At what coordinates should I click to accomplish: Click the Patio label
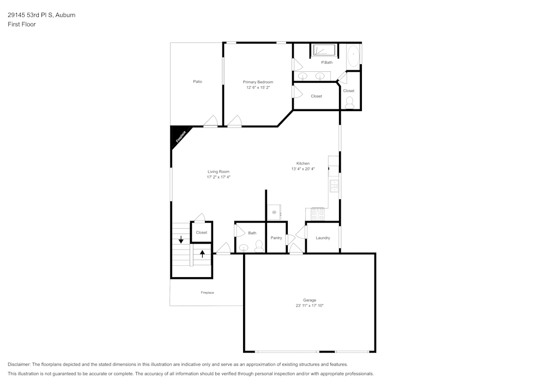coord(197,82)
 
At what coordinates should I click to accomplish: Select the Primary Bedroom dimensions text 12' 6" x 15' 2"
coord(258,87)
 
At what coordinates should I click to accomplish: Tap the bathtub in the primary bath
coord(353,56)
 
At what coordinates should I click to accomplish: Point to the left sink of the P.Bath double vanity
coord(302,76)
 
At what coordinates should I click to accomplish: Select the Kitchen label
coord(302,163)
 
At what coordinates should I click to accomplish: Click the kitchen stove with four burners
coord(318,214)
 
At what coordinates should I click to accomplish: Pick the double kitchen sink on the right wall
coord(334,186)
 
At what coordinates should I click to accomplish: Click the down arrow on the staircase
coord(181,240)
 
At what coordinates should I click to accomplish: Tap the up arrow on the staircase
coord(202,254)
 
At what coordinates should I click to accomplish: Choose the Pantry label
coord(276,238)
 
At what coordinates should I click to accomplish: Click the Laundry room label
coord(323,238)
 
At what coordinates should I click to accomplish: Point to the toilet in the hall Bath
coord(258,247)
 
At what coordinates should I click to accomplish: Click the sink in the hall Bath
coord(244,248)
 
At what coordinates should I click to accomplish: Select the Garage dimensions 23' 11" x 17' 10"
coord(309,305)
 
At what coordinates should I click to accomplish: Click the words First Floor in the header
coord(21,25)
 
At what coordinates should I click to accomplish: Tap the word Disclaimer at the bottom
coord(20,364)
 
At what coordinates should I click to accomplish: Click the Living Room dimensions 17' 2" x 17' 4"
coord(219,177)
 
